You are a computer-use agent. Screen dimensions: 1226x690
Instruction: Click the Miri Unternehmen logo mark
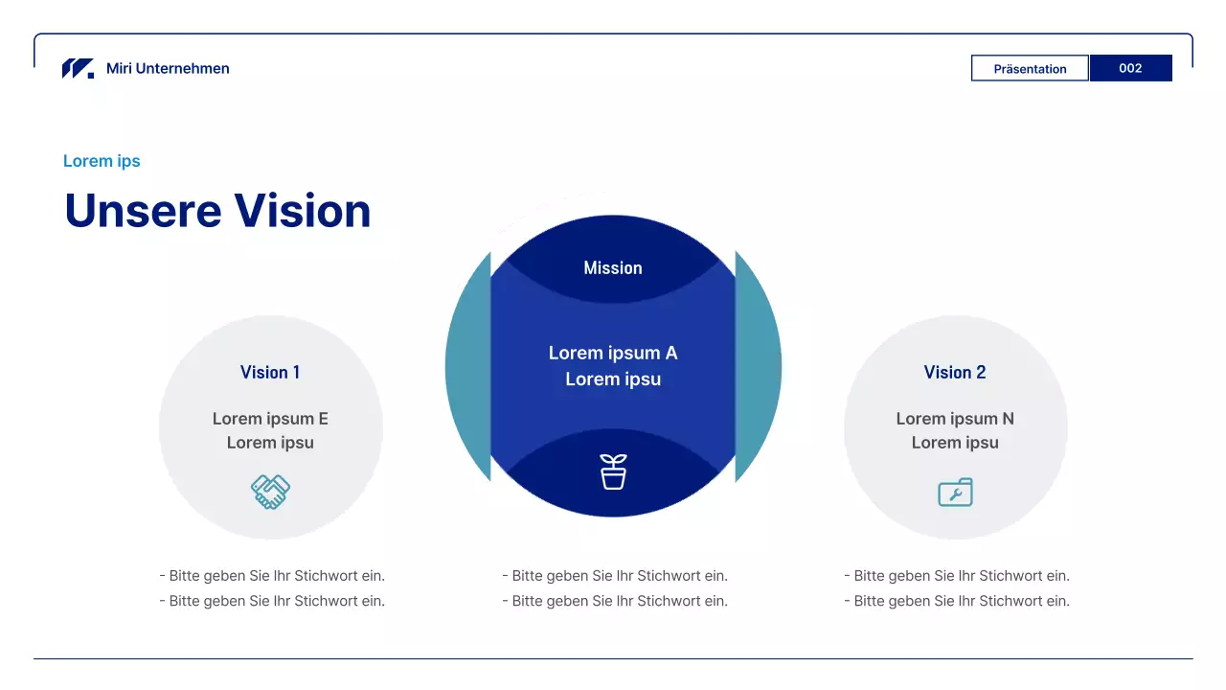coord(78,68)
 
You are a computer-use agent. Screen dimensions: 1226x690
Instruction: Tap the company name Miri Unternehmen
coord(168,68)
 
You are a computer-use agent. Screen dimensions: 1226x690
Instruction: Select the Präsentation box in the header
coord(1030,68)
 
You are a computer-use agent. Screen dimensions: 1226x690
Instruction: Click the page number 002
coord(1130,68)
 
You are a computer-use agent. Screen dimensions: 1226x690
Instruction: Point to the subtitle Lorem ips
coord(102,161)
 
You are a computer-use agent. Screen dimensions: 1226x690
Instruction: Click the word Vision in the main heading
coord(303,210)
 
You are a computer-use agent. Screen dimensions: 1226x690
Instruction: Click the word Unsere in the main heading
coord(143,210)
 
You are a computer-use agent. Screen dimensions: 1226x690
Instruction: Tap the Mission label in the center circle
coord(613,267)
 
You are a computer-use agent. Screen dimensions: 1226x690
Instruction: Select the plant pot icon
coord(613,471)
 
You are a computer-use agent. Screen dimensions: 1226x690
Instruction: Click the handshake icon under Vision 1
coord(270,492)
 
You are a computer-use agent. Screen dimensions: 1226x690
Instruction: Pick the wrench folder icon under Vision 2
coord(955,492)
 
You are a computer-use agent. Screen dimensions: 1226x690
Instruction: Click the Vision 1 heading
coord(270,373)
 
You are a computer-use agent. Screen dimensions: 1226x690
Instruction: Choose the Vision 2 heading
coord(955,373)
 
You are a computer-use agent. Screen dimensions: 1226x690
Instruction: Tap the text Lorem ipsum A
coord(613,353)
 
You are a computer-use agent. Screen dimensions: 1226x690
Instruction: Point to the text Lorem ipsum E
coord(270,419)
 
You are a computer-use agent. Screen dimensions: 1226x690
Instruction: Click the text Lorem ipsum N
coord(955,419)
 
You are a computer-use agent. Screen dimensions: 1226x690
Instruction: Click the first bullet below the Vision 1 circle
coord(272,576)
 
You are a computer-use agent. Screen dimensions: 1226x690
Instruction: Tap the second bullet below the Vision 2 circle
coord(957,601)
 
